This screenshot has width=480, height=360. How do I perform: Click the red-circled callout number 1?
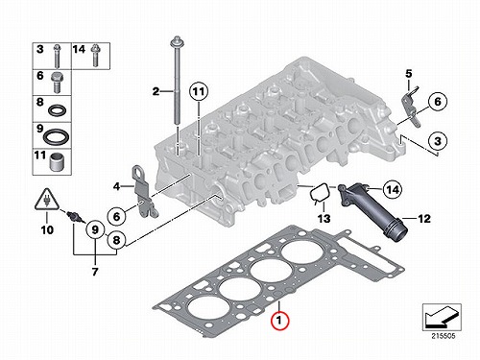click(279, 320)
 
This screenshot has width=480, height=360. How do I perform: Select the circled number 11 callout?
click(199, 91)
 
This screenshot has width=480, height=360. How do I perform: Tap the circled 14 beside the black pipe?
click(393, 190)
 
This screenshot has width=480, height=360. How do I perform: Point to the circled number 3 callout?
click(438, 141)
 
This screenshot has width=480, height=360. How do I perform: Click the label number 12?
click(424, 219)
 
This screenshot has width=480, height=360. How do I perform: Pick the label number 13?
click(324, 219)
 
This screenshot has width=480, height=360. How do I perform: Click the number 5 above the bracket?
click(409, 74)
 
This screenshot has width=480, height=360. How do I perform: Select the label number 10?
click(47, 229)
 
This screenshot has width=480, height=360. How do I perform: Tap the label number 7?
click(95, 272)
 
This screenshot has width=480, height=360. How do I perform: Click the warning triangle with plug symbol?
click(47, 201)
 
